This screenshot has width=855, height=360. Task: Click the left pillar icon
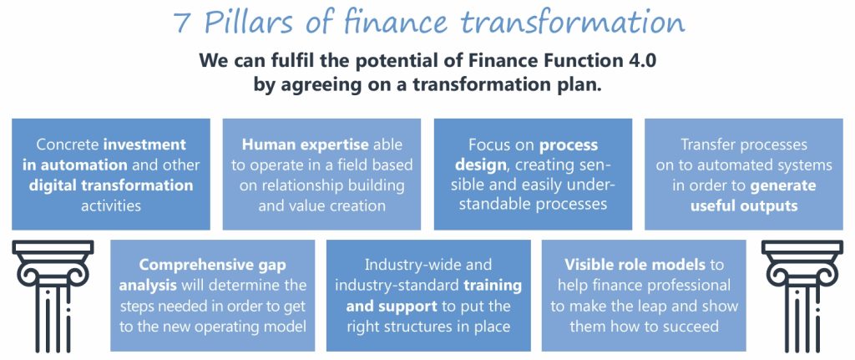pyautogui.click(x=53, y=295)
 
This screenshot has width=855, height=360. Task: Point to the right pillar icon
pyautogui.click(x=802, y=295)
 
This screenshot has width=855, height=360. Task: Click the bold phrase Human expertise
pyautogui.click(x=306, y=145)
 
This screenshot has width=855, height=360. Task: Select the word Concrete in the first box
pyautogui.click(x=68, y=145)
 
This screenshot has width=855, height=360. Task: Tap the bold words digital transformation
pyautogui.click(x=111, y=185)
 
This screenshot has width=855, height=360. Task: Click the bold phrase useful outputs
pyautogui.click(x=744, y=206)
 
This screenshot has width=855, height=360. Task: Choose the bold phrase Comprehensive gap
pyautogui.click(x=212, y=266)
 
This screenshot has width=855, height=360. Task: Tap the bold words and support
pyautogui.click(x=392, y=307)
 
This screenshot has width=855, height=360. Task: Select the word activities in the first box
pyautogui.click(x=111, y=206)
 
